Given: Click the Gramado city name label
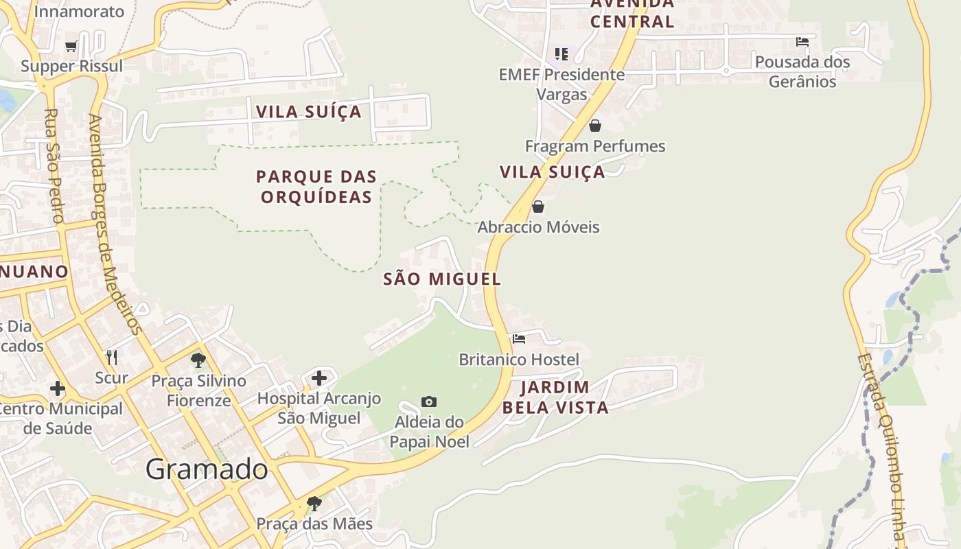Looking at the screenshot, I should (207, 469).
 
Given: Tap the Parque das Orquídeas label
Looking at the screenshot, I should (316, 187).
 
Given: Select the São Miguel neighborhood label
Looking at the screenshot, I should (442, 279).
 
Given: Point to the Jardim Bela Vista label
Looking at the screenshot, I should (555, 397).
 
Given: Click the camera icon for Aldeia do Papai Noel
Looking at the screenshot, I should (429, 401).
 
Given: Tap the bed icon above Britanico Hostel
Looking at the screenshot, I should (519, 339).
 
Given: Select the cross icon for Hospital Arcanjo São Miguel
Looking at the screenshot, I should (319, 378).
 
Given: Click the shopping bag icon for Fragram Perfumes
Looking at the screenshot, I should (595, 126).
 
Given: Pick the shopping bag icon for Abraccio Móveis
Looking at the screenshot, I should (538, 207).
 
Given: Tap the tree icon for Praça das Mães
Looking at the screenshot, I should (314, 504).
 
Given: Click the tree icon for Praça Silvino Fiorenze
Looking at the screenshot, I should (198, 360).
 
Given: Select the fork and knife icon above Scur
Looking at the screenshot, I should (112, 357).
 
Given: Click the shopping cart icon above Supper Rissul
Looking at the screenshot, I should (71, 47).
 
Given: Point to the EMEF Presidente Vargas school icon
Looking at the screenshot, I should (561, 54).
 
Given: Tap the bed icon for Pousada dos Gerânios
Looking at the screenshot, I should (802, 42).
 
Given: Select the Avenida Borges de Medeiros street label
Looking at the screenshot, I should (115, 224).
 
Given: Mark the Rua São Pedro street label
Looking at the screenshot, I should (54, 165).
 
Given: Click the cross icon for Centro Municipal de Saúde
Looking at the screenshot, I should (58, 389).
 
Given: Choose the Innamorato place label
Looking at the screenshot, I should (80, 12).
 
